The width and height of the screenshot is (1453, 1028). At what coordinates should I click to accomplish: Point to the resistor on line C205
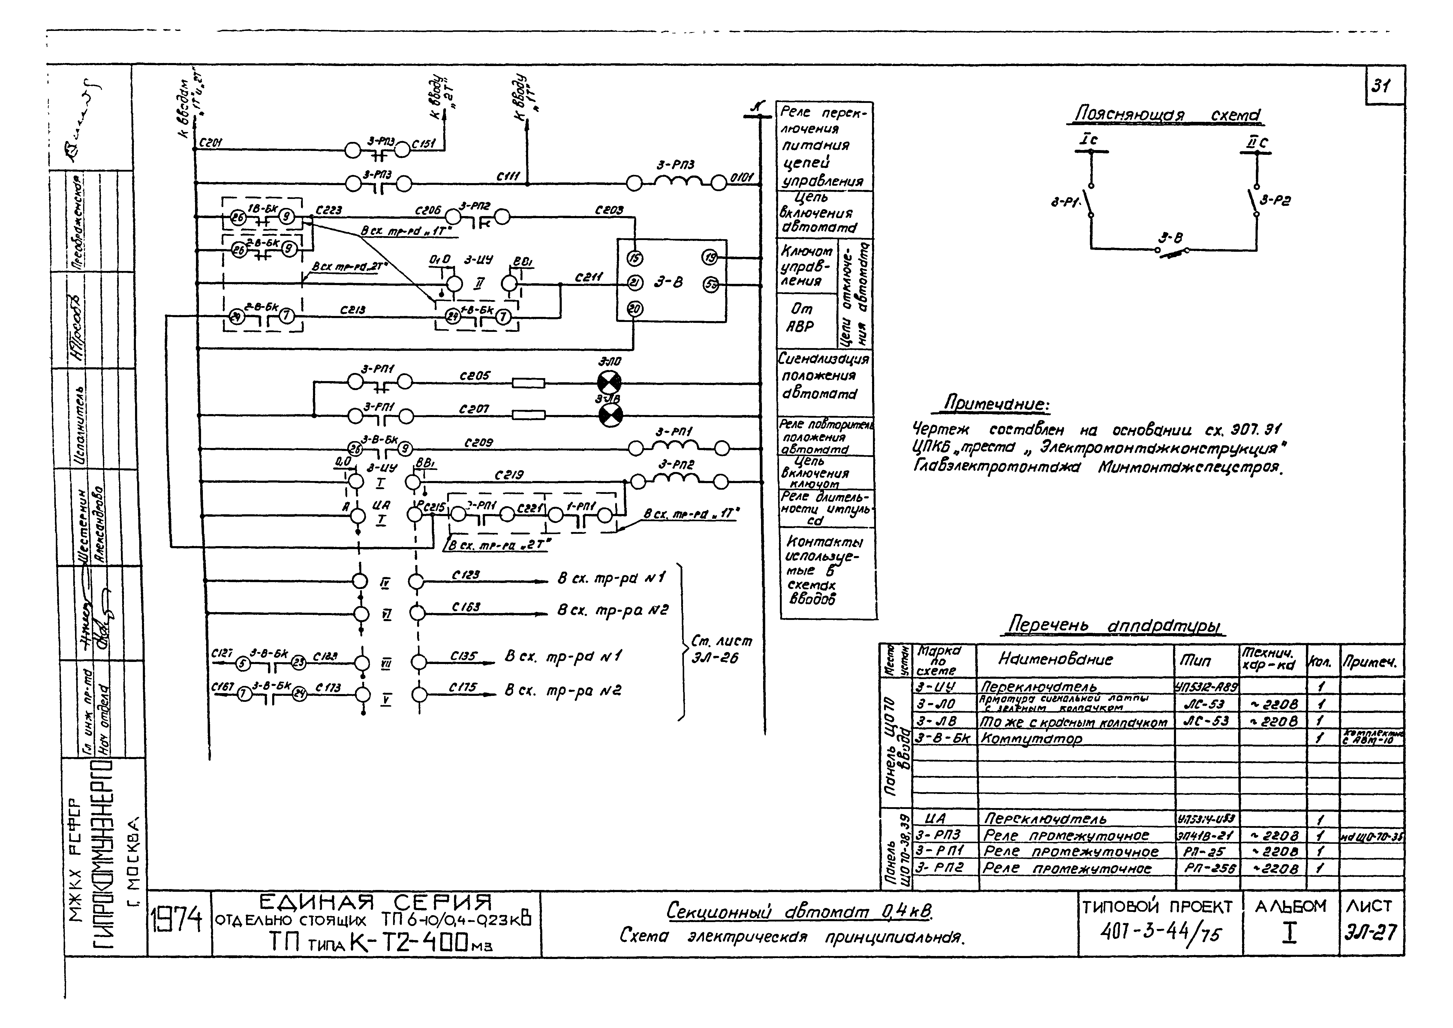(528, 383)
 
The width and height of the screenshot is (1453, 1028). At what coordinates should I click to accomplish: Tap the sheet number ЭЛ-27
(1371, 932)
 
